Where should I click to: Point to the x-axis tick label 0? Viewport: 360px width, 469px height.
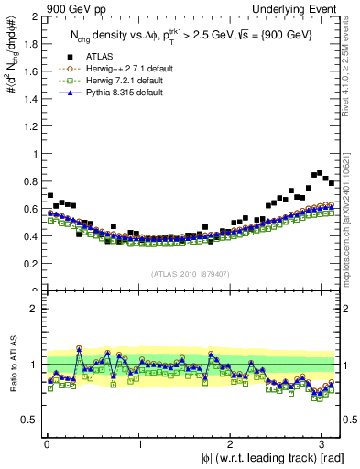(47, 443)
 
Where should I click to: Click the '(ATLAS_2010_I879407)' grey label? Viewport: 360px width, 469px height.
(191, 273)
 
